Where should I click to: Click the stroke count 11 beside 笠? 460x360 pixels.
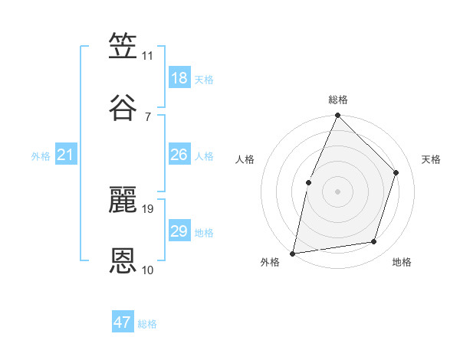pyautogui.click(x=148, y=56)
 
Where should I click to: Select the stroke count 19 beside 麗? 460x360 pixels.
pyautogui.click(x=149, y=208)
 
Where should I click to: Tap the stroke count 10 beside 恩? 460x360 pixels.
pyautogui.click(x=148, y=270)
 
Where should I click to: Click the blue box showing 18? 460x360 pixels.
pyautogui.click(x=179, y=78)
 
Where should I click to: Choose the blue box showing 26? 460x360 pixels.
pyautogui.click(x=179, y=155)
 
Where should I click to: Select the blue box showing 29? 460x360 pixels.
pyautogui.click(x=179, y=231)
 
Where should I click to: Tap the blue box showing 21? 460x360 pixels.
pyautogui.click(x=66, y=155)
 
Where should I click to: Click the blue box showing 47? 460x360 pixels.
pyautogui.click(x=123, y=322)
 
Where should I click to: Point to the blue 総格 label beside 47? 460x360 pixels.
pyautogui.click(x=147, y=324)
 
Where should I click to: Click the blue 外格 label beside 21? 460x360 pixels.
pyautogui.click(x=41, y=156)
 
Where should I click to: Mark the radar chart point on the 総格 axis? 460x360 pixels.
pyautogui.click(x=337, y=116)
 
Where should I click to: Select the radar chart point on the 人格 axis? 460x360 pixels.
pyautogui.click(x=308, y=182)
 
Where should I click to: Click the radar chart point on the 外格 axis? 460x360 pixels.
pyautogui.click(x=292, y=253)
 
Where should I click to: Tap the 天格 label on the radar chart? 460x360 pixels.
pyautogui.click(x=432, y=159)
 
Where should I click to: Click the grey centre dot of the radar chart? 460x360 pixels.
pyautogui.click(x=337, y=191)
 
